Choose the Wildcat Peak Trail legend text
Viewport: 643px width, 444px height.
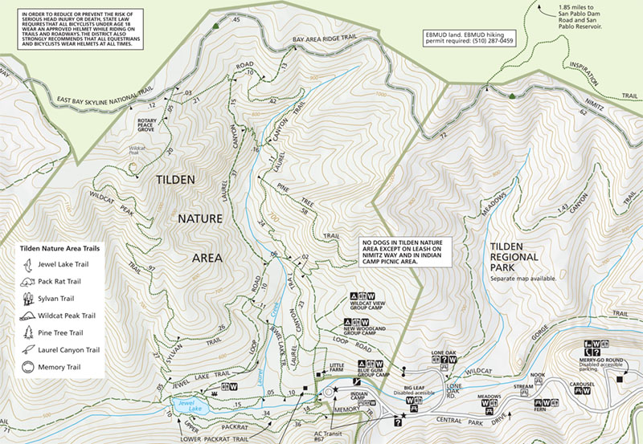pyautogui.click(x=72, y=316)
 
